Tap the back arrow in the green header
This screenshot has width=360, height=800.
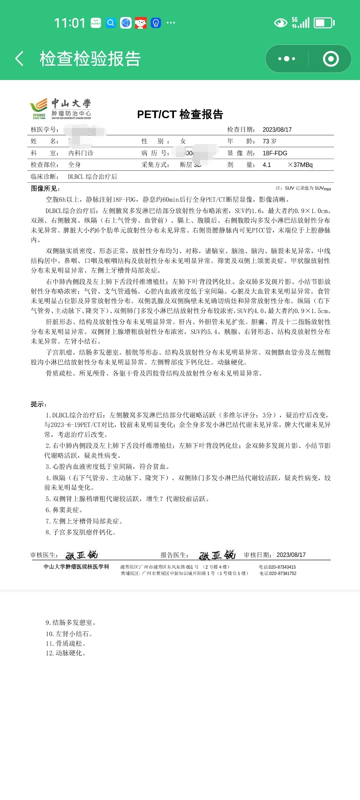point(19,59)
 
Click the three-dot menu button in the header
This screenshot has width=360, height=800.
point(287,59)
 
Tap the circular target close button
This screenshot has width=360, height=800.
point(331,59)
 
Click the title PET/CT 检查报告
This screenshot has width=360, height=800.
point(180,114)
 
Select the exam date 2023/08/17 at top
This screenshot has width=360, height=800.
point(277,130)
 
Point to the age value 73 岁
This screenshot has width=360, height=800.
point(270,141)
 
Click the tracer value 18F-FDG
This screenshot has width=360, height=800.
point(275,153)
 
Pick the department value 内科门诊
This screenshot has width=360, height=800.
point(81,153)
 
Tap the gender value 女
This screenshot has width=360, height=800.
point(183,141)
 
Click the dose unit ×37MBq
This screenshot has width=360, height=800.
point(300,165)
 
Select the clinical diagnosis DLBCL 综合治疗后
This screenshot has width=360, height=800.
point(92,177)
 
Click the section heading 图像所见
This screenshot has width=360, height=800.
point(45,189)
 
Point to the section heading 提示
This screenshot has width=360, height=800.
point(39,404)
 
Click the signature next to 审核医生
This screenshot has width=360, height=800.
point(81,555)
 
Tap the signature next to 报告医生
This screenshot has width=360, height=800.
point(217,555)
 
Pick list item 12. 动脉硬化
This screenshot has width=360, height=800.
point(66,653)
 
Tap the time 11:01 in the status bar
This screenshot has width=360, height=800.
point(70,23)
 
